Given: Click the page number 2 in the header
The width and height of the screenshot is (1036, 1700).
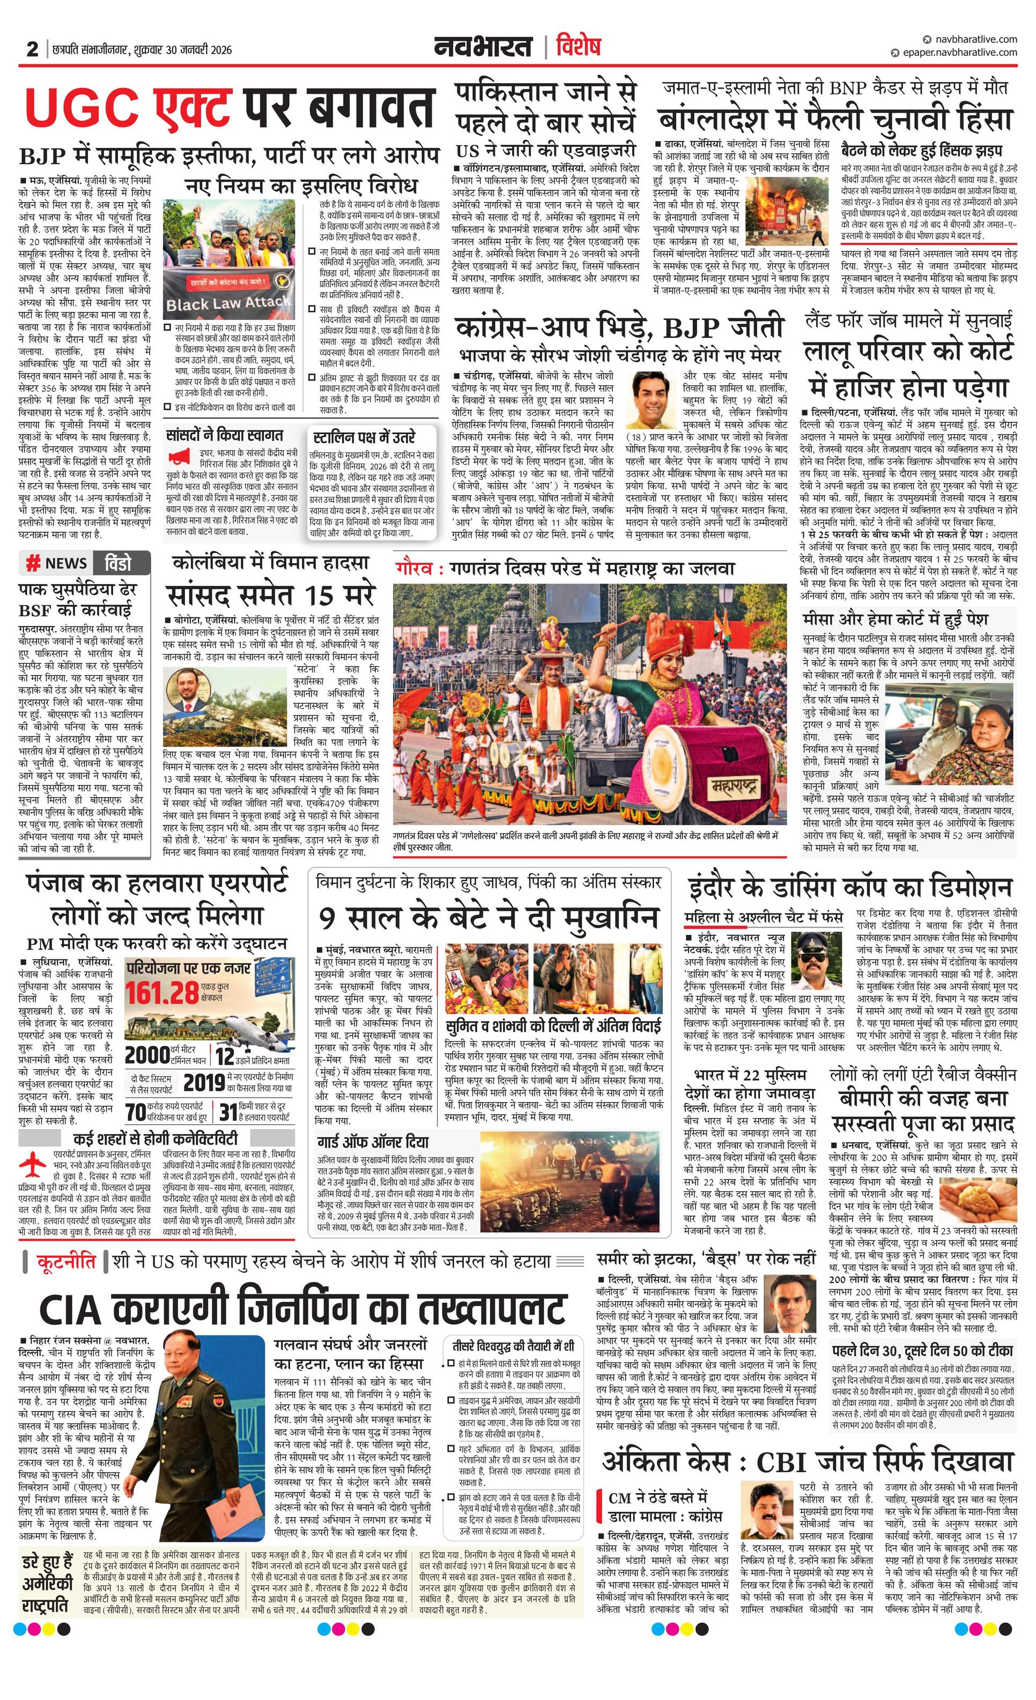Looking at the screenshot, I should pyautogui.click(x=32, y=49).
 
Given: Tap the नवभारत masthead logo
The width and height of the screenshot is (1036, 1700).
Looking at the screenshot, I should pyautogui.click(x=483, y=47).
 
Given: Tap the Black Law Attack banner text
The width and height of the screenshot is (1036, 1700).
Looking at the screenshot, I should pyautogui.click(x=228, y=302).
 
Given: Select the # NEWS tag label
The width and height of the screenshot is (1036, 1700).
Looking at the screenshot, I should pyautogui.click(x=57, y=563).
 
